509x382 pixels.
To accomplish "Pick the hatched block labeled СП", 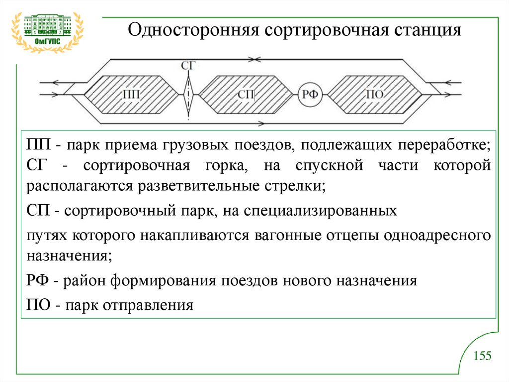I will (x=246, y=94).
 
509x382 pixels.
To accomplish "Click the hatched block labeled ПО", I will (x=373, y=94).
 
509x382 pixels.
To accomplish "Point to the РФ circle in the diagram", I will (x=311, y=94).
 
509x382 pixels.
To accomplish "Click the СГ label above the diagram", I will (x=188, y=65).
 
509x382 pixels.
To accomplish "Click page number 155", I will (x=482, y=356).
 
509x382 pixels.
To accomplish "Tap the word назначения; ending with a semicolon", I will (x=69, y=256).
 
